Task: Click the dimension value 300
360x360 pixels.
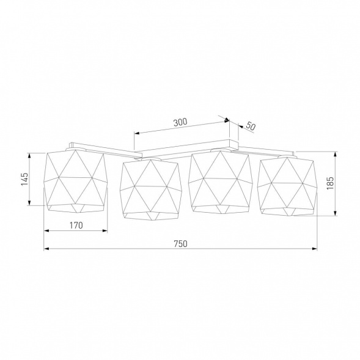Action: pyautogui.click(x=180, y=122)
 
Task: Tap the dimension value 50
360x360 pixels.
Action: pyautogui.click(x=250, y=127)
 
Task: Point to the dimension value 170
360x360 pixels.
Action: pyautogui.click(x=76, y=226)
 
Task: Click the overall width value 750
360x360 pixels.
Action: pyautogui.click(x=180, y=243)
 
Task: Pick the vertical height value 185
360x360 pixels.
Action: pyautogui.click(x=330, y=183)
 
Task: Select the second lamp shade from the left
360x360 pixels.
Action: pyautogui.click(x=150, y=188)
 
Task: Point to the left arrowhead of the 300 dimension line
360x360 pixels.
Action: pyautogui.click(x=136, y=132)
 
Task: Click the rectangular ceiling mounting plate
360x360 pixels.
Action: pyautogui.click(x=187, y=147)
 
